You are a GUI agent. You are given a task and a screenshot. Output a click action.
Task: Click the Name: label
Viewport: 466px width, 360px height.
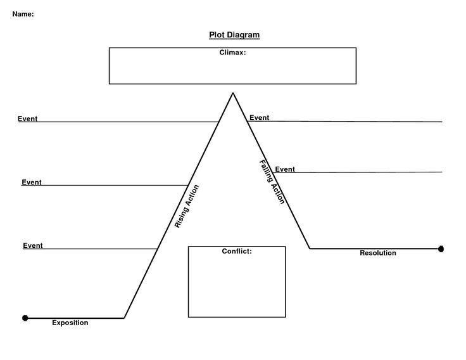23,14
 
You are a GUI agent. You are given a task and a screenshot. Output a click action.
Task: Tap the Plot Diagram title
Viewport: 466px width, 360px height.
234,35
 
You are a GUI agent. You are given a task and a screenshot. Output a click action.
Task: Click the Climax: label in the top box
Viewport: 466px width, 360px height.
232,53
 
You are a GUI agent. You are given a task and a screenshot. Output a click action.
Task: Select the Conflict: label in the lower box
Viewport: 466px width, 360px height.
237,252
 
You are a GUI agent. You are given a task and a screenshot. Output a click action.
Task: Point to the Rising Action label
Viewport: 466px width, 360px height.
187,206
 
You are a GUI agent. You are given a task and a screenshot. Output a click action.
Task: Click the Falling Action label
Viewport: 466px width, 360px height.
272,181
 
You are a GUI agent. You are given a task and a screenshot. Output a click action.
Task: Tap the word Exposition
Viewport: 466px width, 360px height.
70,323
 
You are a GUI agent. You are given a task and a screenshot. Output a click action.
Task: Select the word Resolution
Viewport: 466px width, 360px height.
378,253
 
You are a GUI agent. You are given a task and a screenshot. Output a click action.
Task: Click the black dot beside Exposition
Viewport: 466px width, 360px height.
25,318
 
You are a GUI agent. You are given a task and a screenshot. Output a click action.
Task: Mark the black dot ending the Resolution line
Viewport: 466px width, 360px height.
441,249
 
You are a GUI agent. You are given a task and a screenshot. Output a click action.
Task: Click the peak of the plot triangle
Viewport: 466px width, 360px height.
233,93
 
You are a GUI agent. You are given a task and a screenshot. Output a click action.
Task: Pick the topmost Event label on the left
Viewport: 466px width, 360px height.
28,119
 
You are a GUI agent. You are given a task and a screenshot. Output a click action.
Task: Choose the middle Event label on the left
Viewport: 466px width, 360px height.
32,183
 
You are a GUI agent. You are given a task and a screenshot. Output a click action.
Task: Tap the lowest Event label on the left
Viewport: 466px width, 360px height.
33,245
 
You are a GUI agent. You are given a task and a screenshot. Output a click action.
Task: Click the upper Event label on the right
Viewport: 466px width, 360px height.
260,117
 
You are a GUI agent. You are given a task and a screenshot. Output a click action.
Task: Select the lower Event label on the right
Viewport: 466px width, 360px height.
285,169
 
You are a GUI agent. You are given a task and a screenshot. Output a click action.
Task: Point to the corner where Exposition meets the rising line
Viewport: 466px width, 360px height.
125,318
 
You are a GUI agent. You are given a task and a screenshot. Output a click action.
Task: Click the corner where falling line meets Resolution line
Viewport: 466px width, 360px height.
310,248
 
